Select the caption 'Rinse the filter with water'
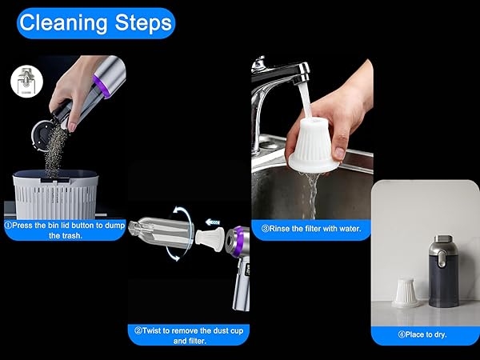click(x=311, y=228)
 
